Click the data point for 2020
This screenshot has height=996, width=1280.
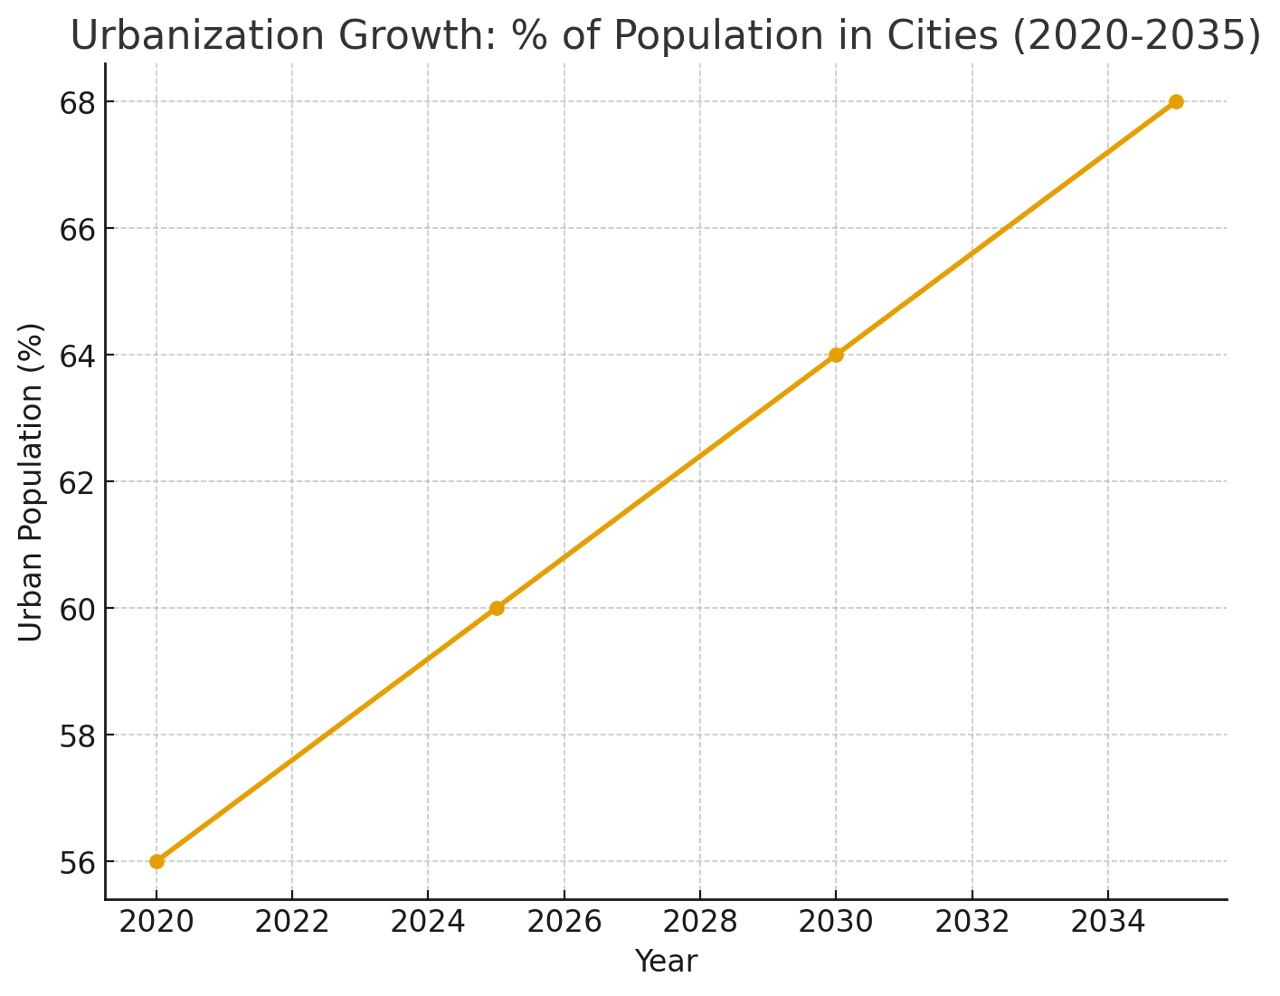[156, 861]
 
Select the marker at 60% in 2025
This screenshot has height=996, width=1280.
[497, 608]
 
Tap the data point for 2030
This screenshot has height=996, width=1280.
[836, 355]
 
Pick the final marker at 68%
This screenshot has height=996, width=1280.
[1176, 101]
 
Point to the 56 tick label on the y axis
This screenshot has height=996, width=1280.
[79, 863]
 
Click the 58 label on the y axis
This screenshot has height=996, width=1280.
[79, 736]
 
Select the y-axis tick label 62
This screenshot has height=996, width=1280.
[79, 483]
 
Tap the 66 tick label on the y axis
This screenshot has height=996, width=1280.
[79, 230]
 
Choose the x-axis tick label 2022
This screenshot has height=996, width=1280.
[292, 923]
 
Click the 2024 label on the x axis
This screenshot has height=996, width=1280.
[428, 923]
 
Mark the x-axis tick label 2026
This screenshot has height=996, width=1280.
[564, 923]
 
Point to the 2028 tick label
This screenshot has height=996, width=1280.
[700, 923]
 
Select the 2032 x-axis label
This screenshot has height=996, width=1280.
[972, 923]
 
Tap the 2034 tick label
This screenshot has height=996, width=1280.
[1107, 923]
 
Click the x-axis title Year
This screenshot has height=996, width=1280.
[666, 962]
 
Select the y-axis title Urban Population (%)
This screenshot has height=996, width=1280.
[32, 481]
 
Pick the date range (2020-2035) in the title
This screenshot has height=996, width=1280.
[1136, 37]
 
